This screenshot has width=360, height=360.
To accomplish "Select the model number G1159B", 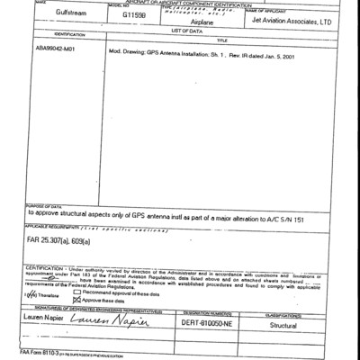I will [x=137, y=15].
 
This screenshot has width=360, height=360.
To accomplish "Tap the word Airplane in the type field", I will [x=201, y=22].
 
